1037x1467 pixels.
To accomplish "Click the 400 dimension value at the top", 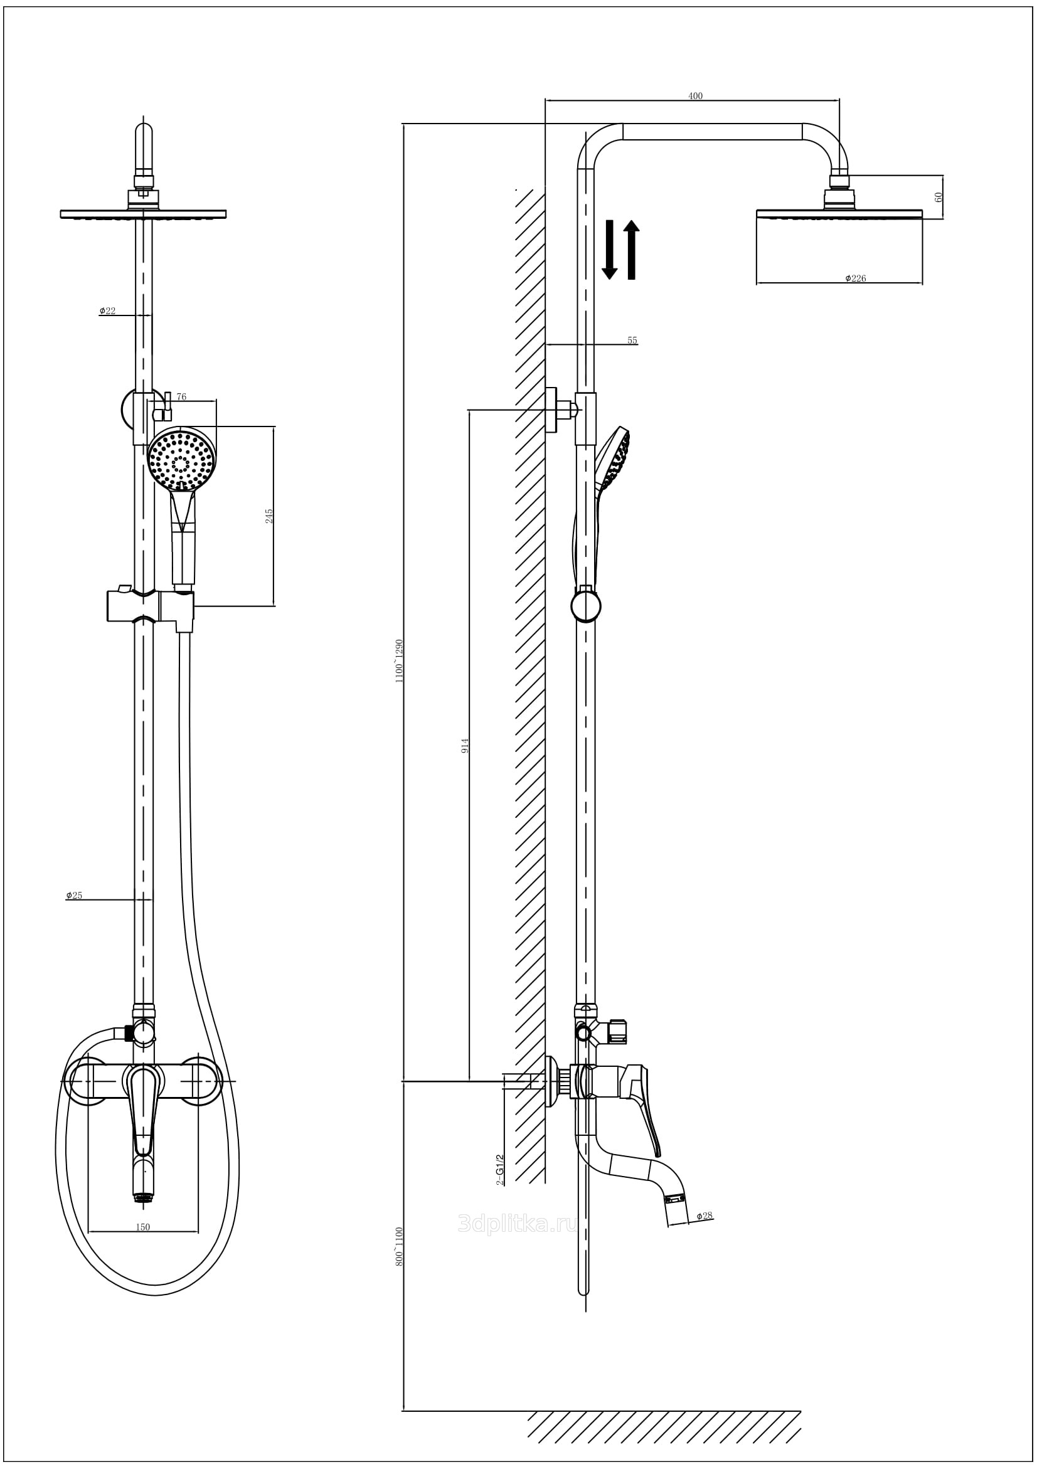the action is [x=695, y=96].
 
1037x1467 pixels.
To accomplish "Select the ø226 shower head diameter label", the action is [x=855, y=278].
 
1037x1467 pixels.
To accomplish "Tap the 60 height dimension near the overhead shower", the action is [x=939, y=197].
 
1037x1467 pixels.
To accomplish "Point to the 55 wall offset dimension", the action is [x=632, y=341].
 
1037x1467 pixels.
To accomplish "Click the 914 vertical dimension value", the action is [x=465, y=745].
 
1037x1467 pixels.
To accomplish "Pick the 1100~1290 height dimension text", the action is [x=400, y=660].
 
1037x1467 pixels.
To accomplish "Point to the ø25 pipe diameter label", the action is [x=74, y=895].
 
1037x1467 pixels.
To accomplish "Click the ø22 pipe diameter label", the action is [x=107, y=310].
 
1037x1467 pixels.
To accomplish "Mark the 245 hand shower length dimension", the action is [x=269, y=516].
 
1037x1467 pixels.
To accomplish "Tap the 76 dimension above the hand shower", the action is [x=181, y=397].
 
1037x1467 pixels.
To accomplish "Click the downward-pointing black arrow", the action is [x=610, y=250].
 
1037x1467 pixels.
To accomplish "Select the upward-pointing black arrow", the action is [x=631, y=250].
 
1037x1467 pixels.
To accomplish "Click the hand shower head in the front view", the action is [x=181, y=458].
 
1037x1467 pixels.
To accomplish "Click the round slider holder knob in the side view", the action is [x=586, y=606].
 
